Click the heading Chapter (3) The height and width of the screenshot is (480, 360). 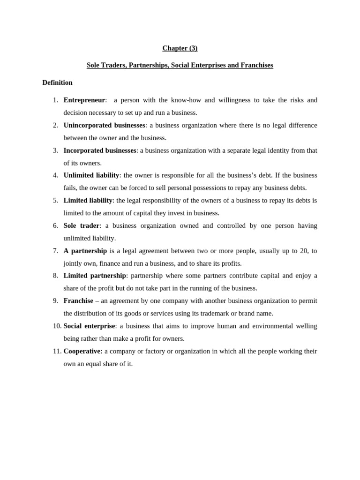pos(180,48)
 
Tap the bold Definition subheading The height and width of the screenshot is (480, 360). pos(57,82)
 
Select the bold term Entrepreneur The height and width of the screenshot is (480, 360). pos(84,100)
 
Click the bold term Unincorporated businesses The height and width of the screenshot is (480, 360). pos(104,125)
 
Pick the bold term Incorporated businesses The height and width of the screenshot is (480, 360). pos(100,150)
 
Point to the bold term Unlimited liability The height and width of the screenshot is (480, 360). pos(91,175)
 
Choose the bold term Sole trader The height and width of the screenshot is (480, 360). pos(82,225)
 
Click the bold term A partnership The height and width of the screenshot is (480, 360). pos(85,251)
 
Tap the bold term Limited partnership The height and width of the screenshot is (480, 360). pos(95,276)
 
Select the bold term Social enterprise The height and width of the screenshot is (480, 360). pos(89,326)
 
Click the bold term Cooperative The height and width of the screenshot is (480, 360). pos(83,351)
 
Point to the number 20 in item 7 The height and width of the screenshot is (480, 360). pos(304,251)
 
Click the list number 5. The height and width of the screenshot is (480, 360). pos(55,200)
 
